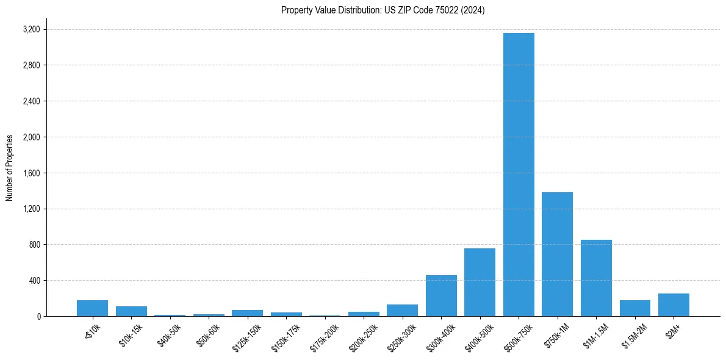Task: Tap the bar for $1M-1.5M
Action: pos(596,278)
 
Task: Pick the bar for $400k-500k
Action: pos(480,283)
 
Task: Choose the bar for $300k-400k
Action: pos(441,296)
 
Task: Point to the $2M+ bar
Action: pos(674,305)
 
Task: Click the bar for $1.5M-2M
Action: pos(634,308)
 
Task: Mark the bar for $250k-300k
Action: pos(402,311)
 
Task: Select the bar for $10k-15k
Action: pos(131,311)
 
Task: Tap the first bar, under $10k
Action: pos(93,308)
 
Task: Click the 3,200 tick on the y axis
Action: pos(31,29)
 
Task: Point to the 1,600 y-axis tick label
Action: pos(31,173)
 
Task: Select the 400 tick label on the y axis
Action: pos(34,281)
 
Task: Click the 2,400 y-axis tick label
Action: pos(31,101)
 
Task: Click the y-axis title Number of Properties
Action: pos(10,168)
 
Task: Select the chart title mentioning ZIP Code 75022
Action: pos(383,10)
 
